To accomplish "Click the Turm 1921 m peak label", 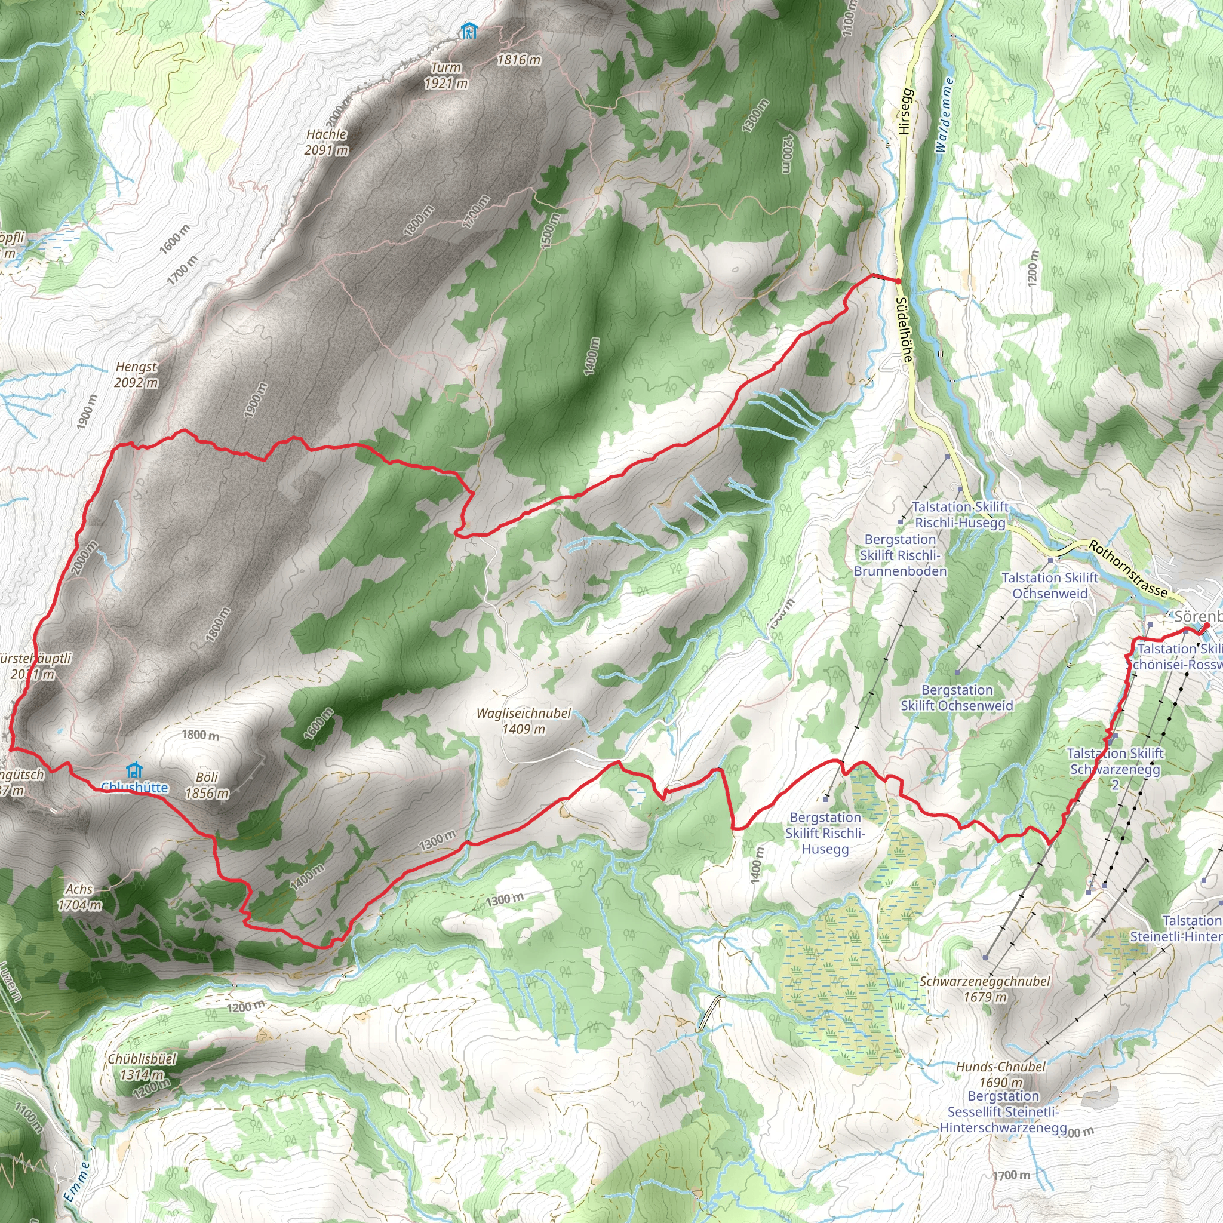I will pyautogui.click(x=446, y=75).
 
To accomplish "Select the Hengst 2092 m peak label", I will pyautogui.click(x=136, y=375).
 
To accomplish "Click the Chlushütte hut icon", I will pyautogui.click(x=134, y=770).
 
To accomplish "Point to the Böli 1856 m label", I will pyautogui.click(x=207, y=785).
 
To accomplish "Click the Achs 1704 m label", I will pyautogui.click(x=80, y=897).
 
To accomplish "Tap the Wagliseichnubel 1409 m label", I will pyautogui.click(x=524, y=721).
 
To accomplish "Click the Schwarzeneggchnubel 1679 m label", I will pyautogui.click(x=985, y=989).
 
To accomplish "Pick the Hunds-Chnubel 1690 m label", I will pyautogui.click(x=1001, y=1074).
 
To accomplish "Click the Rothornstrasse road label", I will pyautogui.click(x=1128, y=569).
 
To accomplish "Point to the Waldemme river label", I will pyautogui.click(x=944, y=115).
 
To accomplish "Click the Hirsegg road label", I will pyautogui.click(x=905, y=111).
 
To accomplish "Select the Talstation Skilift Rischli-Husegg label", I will pyautogui.click(x=960, y=515).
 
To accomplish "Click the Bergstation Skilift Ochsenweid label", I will pyautogui.click(x=957, y=697).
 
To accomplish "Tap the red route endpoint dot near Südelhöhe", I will pyautogui.click(x=898, y=281).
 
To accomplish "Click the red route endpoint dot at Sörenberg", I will pyautogui.click(x=1206, y=626).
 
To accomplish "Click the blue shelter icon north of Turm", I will pyautogui.click(x=468, y=30).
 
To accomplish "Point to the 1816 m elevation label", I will pyautogui.click(x=519, y=60).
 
